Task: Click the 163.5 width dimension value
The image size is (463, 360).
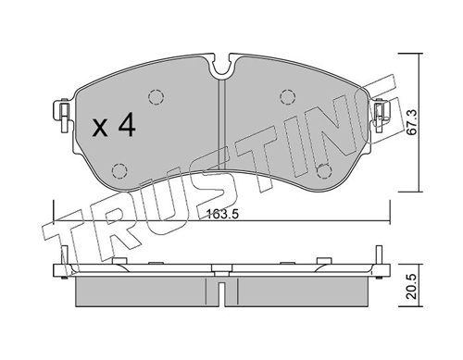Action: (222, 214)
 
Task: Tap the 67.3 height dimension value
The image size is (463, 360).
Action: (412, 122)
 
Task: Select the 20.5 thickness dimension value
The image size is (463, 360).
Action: (412, 286)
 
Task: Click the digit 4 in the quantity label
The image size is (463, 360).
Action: (127, 124)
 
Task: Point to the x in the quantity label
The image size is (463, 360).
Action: (100, 129)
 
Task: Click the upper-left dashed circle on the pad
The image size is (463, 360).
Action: (156, 98)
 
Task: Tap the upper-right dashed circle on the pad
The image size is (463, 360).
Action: (288, 97)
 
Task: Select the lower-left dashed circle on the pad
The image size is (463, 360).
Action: (119, 170)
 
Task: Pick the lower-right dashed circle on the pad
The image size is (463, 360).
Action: (324, 171)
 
